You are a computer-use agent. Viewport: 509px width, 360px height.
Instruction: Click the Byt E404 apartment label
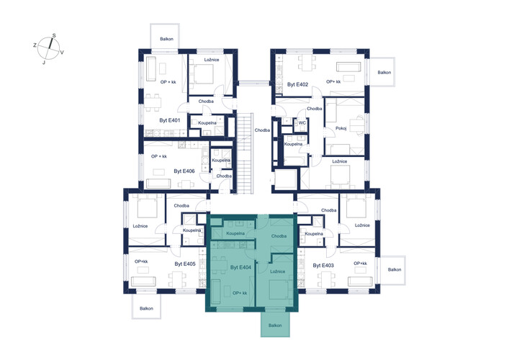241,268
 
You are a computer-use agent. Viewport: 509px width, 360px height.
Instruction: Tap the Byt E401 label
169,120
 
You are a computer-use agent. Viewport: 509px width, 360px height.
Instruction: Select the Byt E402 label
297,84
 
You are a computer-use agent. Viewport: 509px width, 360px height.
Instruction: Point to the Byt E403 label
323,266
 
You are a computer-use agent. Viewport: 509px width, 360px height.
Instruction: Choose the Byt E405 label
185,264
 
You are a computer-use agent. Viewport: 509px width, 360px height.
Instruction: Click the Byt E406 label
184,171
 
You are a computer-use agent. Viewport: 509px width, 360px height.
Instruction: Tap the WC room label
302,123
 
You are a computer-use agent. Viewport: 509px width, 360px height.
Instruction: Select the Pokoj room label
341,129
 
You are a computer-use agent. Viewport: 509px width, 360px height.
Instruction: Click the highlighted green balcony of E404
275,324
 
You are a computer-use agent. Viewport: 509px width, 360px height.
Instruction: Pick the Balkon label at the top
166,39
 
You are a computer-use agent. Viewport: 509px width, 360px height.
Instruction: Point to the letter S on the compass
54,36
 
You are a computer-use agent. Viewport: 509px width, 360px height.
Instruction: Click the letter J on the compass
44,63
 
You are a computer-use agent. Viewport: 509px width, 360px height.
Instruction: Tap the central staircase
245,153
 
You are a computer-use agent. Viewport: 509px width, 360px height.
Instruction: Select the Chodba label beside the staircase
262,130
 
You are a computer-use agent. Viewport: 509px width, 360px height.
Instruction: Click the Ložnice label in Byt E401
212,60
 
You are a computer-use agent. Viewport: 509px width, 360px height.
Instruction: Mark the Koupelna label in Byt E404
235,233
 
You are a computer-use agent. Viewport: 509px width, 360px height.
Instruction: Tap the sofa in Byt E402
348,67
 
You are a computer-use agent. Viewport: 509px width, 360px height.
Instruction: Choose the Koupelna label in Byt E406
221,161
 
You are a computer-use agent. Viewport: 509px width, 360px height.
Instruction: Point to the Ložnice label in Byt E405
140,226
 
